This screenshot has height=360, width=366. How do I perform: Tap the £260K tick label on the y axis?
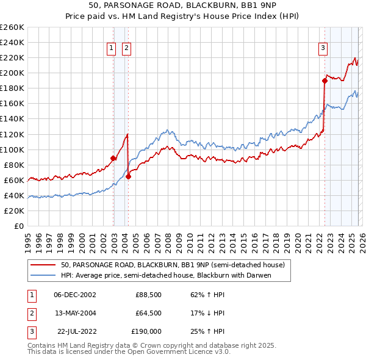tap(12, 27)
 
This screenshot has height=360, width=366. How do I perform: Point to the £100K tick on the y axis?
tap(12, 149)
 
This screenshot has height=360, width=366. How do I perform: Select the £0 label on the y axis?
tap(19, 226)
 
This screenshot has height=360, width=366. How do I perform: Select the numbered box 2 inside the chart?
tap(126, 49)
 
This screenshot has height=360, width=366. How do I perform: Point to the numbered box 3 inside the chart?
tap(323, 49)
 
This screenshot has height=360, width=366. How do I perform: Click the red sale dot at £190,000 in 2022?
tap(325, 80)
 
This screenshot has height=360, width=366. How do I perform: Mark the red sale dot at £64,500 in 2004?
tap(128, 176)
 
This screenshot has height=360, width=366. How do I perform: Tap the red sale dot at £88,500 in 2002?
tap(113, 158)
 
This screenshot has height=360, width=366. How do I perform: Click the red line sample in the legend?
tap(44, 265)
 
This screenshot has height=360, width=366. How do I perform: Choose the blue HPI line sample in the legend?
tap(44, 275)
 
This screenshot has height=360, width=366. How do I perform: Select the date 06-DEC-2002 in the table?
tap(75, 295)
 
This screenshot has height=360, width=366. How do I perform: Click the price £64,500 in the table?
tap(148, 313)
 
